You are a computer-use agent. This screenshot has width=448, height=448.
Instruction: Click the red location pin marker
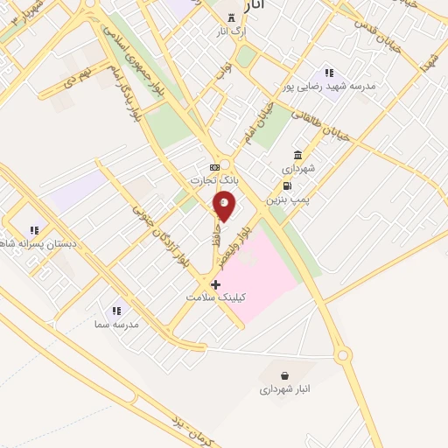[225, 205]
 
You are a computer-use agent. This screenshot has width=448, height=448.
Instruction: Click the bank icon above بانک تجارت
[214, 166]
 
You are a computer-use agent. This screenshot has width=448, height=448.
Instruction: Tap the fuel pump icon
[287, 185]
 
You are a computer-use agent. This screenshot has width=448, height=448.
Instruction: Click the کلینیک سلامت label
[216, 297]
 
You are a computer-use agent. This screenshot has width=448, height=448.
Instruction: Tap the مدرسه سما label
[116, 324]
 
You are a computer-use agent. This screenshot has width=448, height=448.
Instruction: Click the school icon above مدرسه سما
[116, 310]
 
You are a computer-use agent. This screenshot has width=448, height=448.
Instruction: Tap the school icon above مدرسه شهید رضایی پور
[329, 73]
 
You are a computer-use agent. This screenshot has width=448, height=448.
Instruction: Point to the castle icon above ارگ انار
[231, 18]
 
